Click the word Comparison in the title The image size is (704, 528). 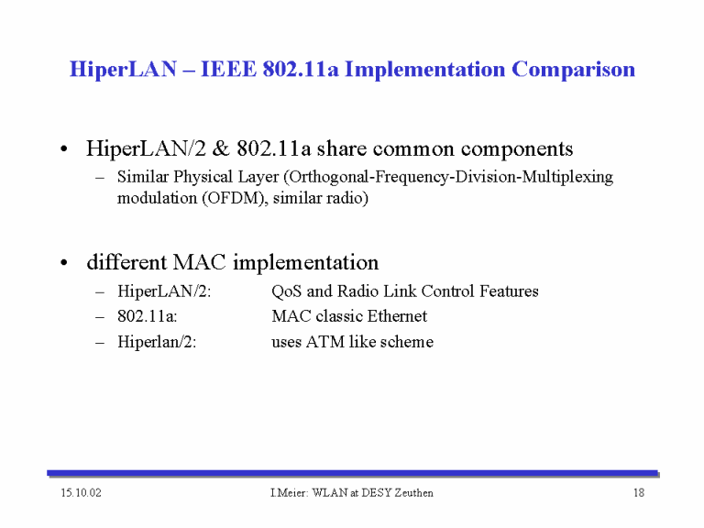click(x=573, y=69)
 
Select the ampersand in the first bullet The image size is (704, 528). click(x=220, y=148)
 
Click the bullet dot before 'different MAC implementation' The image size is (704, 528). click(x=64, y=262)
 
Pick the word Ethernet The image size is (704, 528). click(x=397, y=316)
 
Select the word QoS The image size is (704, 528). click(x=286, y=291)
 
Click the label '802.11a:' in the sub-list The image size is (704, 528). click(x=148, y=316)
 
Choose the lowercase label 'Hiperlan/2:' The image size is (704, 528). click(x=157, y=342)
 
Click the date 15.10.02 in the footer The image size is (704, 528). click(x=82, y=493)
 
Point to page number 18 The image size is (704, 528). click(x=638, y=493)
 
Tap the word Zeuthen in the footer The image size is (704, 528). click(x=413, y=493)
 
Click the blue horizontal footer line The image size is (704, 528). click(x=352, y=473)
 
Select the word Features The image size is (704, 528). click(x=509, y=291)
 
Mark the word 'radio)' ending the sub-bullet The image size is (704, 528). click(x=347, y=198)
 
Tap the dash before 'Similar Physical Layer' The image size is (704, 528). click(x=100, y=178)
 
